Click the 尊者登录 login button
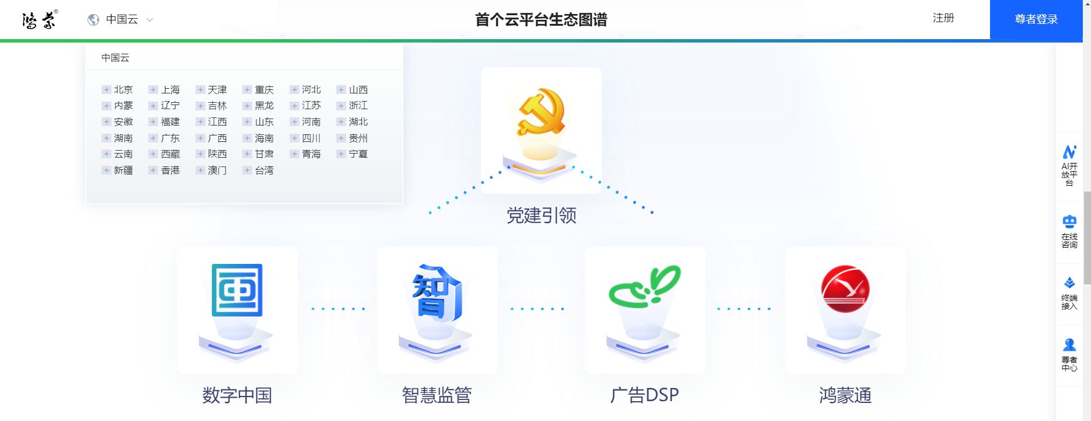click(1036, 19)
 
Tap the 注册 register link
click(943, 18)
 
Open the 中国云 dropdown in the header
click(121, 20)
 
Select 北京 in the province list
click(123, 89)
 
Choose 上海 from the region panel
click(170, 89)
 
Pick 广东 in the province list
click(170, 138)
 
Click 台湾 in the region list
click(264, 170)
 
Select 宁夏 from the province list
click(358, 154)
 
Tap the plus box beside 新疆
click(106, 170)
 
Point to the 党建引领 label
click(541, 215)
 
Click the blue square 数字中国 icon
click(237, 290)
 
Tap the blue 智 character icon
click(437, 293)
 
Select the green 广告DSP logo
click(644, 287)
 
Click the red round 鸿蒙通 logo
click(845, 289)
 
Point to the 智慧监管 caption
click(437, 395)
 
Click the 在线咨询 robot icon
click(1069, 222)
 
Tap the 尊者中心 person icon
click(1069, 345)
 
